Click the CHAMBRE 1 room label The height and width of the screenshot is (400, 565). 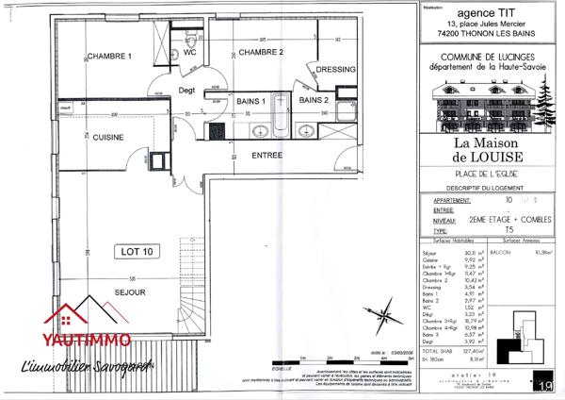coord(110,56)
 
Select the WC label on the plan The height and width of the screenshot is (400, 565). coord(189,53)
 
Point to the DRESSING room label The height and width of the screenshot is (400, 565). coord(336,70)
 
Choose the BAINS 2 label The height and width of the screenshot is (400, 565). coord(314,100)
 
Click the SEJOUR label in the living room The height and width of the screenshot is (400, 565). coord(132,293)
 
